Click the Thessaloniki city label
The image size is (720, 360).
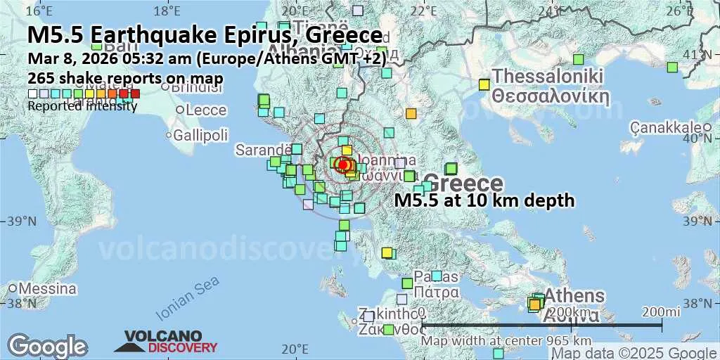pyautogui.click(x=549, y=76)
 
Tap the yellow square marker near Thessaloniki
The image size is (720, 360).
pyautogui.click(x=484, y=84)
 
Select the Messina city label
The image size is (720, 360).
pyautogui.click(x=47, y=288)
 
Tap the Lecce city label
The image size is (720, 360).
pyautogui.click(x=206, y=110)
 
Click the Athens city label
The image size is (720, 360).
pyautogui.click(x=574, y=295)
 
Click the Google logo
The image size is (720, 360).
pyautogui.click(x=47, y=346)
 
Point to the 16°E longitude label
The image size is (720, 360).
pyautogui.click(x=43, y=11)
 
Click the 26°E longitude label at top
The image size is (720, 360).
pyautogui.click(x=679, y=11)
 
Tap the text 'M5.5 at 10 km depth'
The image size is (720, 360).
pyautogui.click(x=484, y=201)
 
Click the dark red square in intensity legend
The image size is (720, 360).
pyautogui.click(x=135, y=94)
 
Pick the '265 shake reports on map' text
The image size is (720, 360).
pyautogui.click(x=125, y=78)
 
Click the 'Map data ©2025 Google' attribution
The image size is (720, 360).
pyautogui.click(x=634, y=353)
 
